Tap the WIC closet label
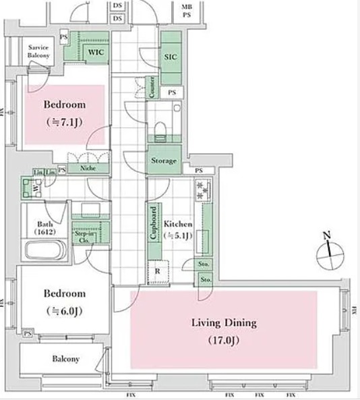[x=94, y=51]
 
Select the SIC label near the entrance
[x=171, y=58]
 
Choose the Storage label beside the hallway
[x=164, y=161]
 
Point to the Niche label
[x=86, y=169]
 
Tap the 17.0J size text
[x=222, y=340]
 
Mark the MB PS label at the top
[x=186, y=9]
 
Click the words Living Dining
[x=222, y=322]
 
